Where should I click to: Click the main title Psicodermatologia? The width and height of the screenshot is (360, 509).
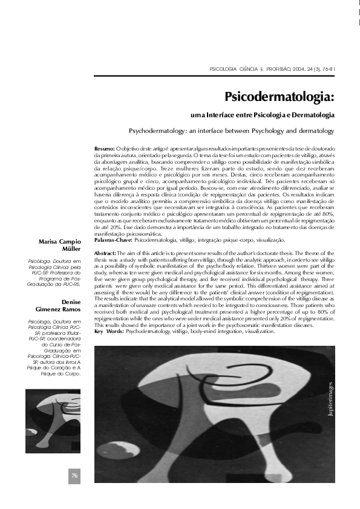280,97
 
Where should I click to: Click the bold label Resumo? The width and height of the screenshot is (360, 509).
105,148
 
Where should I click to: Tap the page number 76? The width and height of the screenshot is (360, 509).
74,475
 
